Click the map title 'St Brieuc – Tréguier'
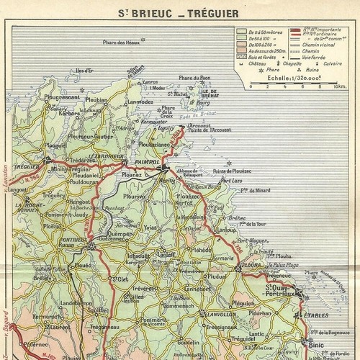(x=180, y=12)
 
